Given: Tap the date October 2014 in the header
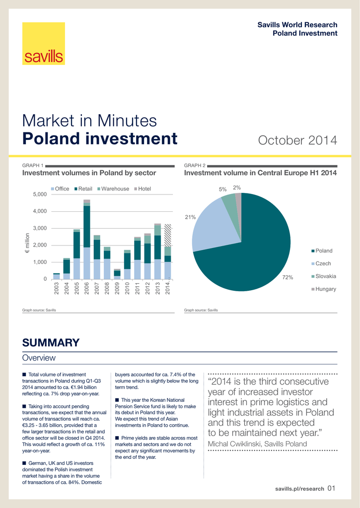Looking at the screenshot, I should (297, 140).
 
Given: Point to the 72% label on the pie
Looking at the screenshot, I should (288, 277).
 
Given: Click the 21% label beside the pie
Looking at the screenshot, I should (190, 217).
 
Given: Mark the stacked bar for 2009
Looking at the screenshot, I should (117, 273).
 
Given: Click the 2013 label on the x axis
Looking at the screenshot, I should (157, 288).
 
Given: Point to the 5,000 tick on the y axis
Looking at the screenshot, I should (39, 194).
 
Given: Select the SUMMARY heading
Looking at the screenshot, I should (51, 343).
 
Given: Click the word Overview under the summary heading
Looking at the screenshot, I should (39, 358).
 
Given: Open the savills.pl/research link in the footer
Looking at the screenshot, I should (299, 489).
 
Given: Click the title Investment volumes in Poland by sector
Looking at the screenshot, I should (89, 173).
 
